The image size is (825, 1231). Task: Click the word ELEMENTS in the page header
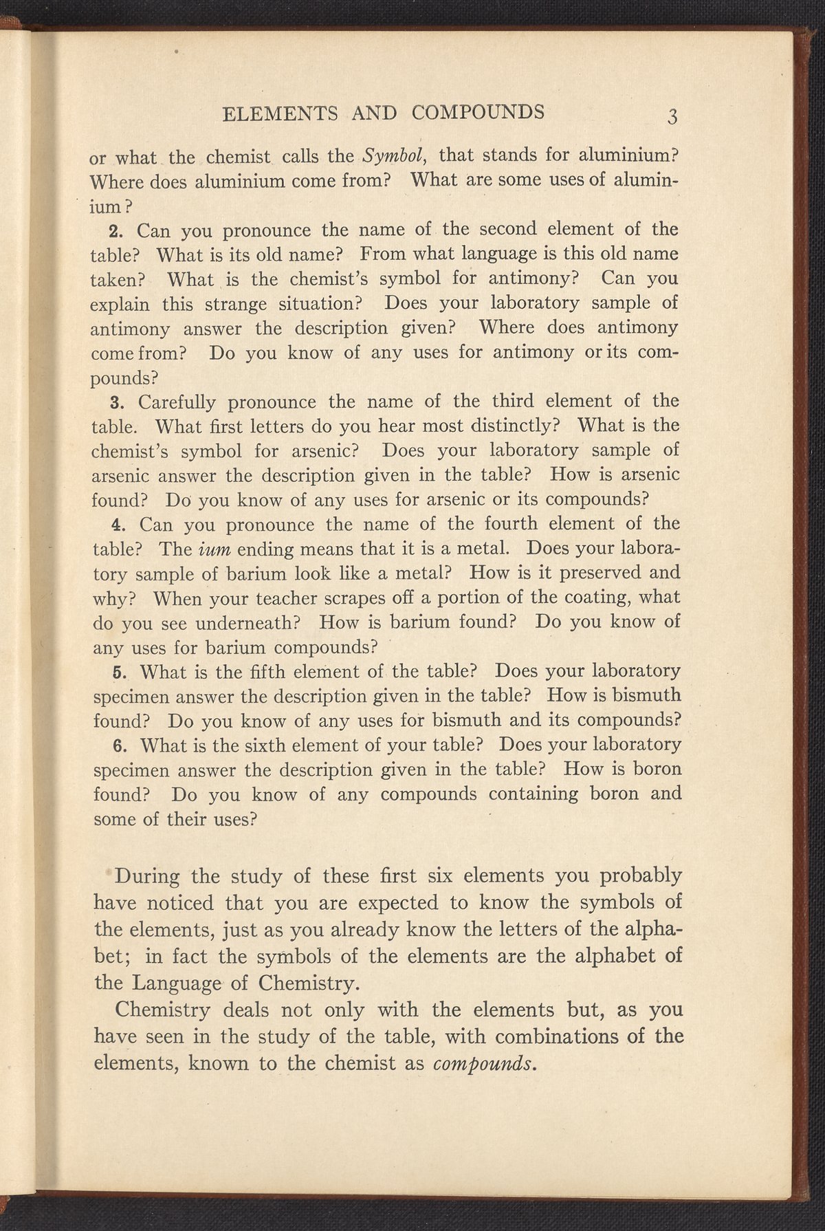tap(280, 112)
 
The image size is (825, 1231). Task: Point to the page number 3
tap(673, 115)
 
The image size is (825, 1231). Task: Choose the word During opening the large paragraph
tap(148, 878)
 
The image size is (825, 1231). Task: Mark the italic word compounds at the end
tap(485, 1063)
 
